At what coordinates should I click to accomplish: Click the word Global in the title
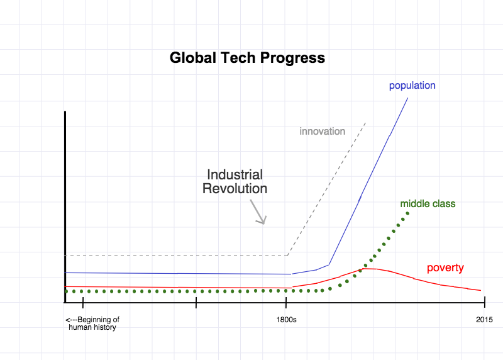[193, 58]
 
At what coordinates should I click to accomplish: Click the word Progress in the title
[292, 59]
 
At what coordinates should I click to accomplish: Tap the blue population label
[412, 86]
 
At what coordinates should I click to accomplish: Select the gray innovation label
[323, 131]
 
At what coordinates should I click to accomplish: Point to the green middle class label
[428, 204]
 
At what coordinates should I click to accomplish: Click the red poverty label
[445, 268]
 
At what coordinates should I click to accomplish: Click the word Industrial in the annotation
[235, 175]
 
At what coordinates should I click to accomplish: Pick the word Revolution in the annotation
[235, 189]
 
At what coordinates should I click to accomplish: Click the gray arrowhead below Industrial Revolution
[262, 220]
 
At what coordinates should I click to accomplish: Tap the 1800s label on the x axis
[287, 320]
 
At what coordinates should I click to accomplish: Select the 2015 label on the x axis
[484, 320]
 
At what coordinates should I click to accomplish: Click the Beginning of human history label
[92, 323]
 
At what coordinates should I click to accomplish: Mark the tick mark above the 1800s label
[286, 302]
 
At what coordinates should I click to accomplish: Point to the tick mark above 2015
[485, 302]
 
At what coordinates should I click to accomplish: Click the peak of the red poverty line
[366, 269]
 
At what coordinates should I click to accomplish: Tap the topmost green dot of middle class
[407, 213]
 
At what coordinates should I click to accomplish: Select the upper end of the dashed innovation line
[366, 122]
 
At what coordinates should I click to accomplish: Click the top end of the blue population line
[408, 98]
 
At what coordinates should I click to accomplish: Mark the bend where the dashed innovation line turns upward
[287, 256]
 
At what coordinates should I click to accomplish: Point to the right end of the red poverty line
[481, 290]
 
